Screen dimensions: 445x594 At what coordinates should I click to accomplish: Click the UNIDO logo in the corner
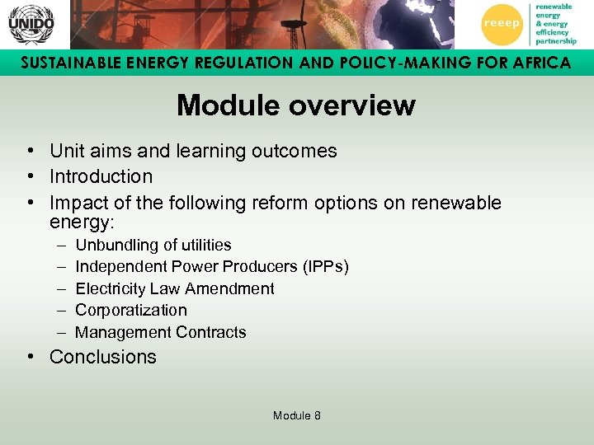pyautogui.click(x=31, y=24)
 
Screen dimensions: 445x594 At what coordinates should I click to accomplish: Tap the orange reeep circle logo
pyautogui.click(x=502, y=24)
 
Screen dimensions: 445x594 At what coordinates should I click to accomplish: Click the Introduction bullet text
pyautogui.click(x=101, y=176)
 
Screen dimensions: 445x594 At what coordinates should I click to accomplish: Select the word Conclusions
pyautogui.click(x=102, y=357)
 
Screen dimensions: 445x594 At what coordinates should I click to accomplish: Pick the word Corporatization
pyautogui.click(x=130, y=311)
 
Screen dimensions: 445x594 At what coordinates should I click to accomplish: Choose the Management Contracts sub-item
pyautogui.click(x=160, y=333)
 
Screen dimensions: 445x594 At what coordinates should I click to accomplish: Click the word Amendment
pyautogui.click(x=233, y=288)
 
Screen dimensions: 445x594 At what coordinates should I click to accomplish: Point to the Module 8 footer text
pyautogui.click(x=296, y=415)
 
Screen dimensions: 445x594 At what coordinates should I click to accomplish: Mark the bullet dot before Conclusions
pyautogui.click(x=29, y=357)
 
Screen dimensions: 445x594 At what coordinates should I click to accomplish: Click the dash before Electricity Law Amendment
pyautogui.click(x=62, y=288)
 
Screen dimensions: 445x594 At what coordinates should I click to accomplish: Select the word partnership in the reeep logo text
pyautogui.click(x=555, y=40)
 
